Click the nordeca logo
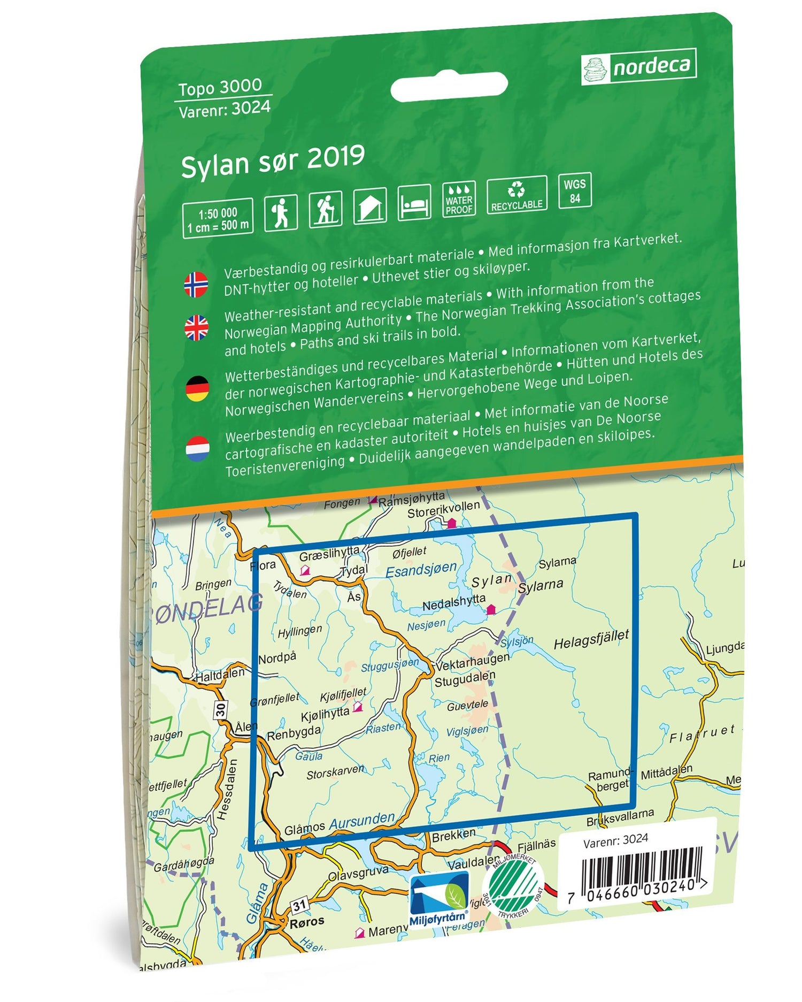(638, 66)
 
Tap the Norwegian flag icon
(196, 284)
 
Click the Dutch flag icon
(197, 448)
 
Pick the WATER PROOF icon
(459, 199)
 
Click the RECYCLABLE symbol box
(516, 195)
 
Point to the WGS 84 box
(575, 190)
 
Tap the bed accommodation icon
(414, 202)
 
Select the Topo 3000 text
(220, 87)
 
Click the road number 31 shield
(299, 905)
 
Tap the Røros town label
(307, 922)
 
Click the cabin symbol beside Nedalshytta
(491, 609)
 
